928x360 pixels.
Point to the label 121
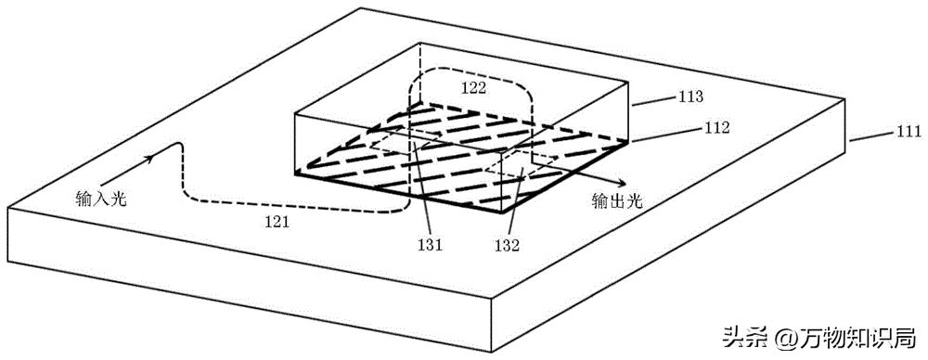click(277, 222)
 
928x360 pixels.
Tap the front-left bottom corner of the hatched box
click(294, 173)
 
